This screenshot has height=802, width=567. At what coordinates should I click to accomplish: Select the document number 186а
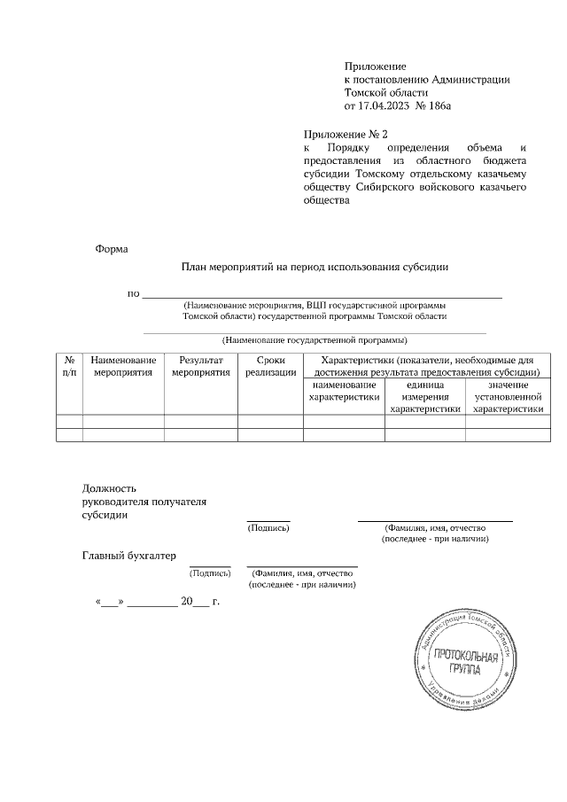click(x=440, y=105)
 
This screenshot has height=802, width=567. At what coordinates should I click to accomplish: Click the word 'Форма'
click(x=112, y=249)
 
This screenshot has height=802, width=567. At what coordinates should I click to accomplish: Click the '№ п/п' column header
click(x=69, y=367)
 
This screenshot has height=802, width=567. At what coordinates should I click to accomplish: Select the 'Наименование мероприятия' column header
click(x=123, y=367)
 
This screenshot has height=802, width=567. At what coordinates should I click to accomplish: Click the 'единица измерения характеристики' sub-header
click(x=425, y=397)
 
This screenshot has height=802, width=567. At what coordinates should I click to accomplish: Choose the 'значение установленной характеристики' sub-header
click(x=508, y=397)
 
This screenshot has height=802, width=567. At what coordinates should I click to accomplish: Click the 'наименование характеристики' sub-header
click(x=344, y=391)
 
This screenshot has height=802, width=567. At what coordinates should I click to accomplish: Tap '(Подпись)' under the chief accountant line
click(x=210, y=573)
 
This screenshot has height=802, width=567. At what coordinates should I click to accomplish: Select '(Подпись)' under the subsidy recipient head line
click(x=268, y=526)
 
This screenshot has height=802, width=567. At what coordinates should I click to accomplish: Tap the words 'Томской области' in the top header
click(x=386, y=92)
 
